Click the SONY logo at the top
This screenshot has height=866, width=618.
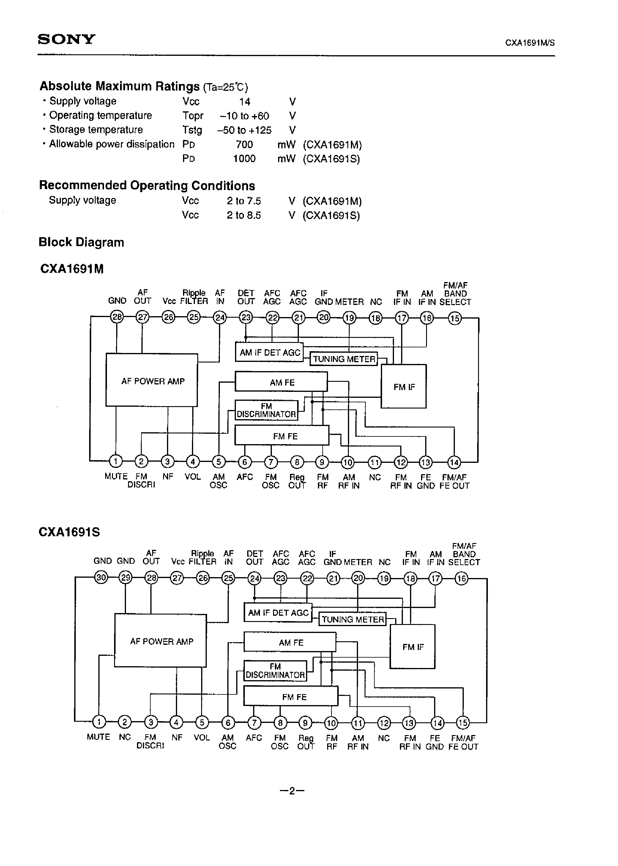(x=66, y=39)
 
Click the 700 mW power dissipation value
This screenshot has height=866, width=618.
(x=244, y=145)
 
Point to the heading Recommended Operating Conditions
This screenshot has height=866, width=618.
(x=147, y=186)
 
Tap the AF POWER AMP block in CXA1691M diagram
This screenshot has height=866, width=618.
(x=152, y=381)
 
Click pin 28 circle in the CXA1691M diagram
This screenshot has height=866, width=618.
(x=116, y=317)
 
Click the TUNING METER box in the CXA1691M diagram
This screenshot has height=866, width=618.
(x=344, y=359)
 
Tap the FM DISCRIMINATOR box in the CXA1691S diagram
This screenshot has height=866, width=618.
(x=275, y=671)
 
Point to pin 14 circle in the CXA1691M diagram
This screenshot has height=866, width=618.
(x=454, y=462)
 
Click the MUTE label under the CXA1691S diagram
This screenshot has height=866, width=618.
(x=98, y=737)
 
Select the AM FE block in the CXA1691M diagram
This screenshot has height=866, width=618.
(x=281, y=382)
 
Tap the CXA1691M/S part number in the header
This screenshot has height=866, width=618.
(x=530, y=43)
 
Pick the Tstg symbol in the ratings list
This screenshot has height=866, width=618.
(x=192, y=130)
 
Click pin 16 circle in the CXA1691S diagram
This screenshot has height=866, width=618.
(x=461, y=579)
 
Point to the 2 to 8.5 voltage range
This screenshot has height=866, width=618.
(x=244, y=215)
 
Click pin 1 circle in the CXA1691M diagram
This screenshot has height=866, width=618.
(x=115, y=461)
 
